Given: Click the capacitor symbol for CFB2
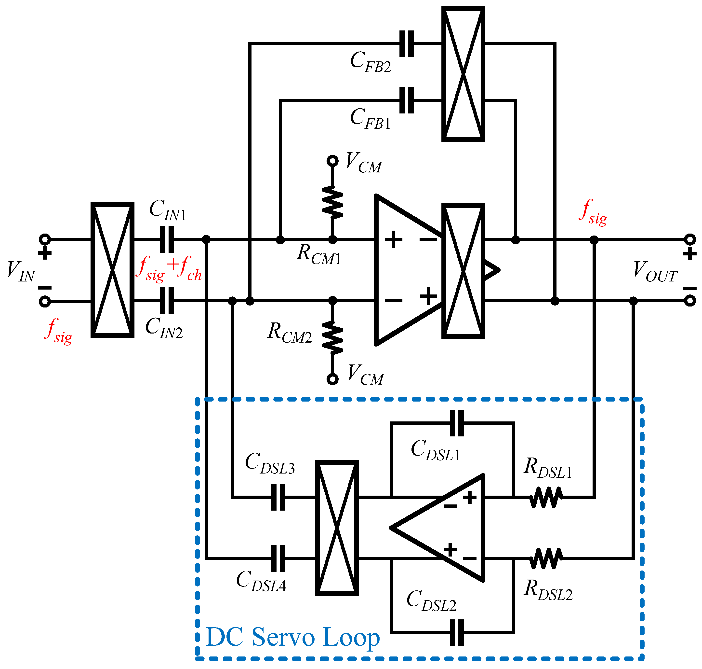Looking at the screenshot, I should (x=406, y=43).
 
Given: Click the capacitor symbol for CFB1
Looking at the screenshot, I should (x=406, y=100).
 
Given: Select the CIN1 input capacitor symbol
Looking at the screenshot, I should (x=167, y=239).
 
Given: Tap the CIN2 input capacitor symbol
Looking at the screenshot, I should (x=167, y=301).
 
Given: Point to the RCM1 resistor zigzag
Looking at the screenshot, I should (x=332, y=202).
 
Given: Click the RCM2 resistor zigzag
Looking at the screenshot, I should (x=332, y=337).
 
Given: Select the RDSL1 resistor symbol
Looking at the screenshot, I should (x=546, y=497).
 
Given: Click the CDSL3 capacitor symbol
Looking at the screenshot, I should (x=278, y=497).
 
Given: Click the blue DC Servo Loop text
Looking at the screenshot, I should (x=293, y=637).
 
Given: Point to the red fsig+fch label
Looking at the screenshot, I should (x=170, y=268).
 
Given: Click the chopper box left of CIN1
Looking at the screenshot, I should (x=112, y=270).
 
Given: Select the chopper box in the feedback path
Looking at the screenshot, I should (x=463, y=74).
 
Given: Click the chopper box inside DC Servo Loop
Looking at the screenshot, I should (x=337, y=528).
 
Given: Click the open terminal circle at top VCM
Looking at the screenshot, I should (x=332, y=161).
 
